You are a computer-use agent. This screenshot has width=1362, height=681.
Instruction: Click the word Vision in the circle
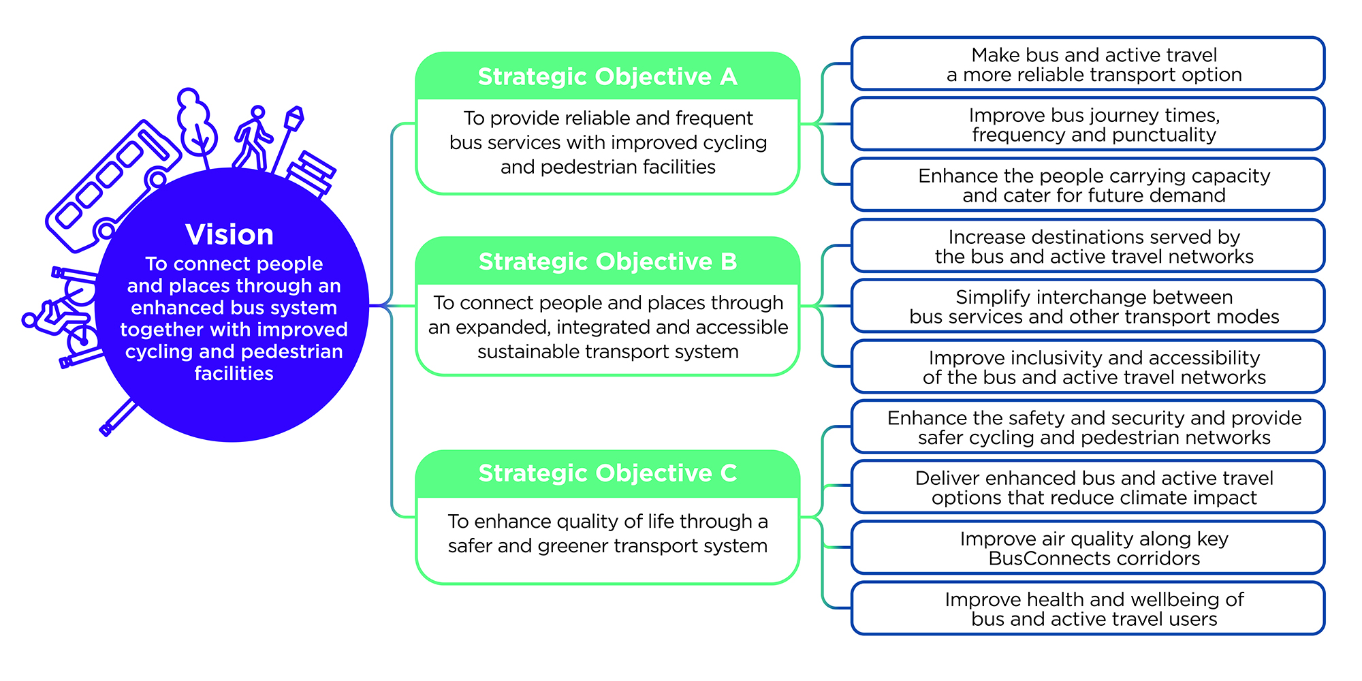point(229,235)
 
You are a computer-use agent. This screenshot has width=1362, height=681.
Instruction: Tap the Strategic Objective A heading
point(607,77)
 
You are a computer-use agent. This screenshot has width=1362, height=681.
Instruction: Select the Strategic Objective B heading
point(607,262)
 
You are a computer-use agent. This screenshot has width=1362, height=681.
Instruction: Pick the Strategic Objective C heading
point(607,473)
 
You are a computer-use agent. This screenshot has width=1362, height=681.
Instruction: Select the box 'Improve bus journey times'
point(1088,125)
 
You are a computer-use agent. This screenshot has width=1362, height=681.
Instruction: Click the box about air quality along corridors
point(1088,548)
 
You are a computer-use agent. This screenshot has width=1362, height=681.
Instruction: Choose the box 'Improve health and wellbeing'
point(1088,609)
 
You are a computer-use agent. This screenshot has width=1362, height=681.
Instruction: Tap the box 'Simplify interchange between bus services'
point(1088,306)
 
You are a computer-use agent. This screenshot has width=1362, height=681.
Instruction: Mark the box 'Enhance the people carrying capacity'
point(1088,185)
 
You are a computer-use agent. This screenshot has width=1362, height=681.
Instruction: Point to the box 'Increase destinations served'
point(1088,246)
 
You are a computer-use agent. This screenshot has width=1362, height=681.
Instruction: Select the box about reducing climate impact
point(1088,488)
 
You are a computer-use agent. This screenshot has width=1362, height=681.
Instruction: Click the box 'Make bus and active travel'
point(1088,64)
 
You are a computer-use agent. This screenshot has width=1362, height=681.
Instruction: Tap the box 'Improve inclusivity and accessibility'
point(1088,367)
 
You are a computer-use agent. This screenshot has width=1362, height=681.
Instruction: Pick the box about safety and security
point(1088,427)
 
